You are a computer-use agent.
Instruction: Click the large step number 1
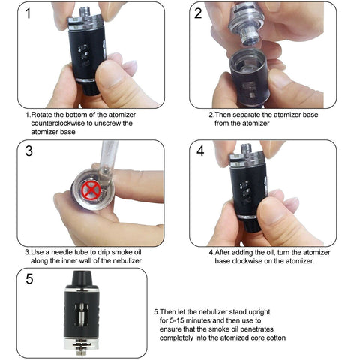[28, 13]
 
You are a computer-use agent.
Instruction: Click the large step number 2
[198, 13]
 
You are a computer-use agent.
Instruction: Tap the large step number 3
[29, 151]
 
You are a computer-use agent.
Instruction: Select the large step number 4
[200, 151]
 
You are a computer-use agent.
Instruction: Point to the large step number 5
[29, 278]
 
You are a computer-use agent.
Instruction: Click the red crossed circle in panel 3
[91, 189]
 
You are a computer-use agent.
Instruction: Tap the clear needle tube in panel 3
[107, 163]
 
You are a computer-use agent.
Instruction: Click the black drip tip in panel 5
[82, 279]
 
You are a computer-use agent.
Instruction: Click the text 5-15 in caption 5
[177, 320]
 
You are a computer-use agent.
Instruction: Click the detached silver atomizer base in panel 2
[246, 24]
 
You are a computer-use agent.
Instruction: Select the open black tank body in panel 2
[249, 77]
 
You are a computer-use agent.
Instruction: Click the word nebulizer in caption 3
[127, 261]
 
